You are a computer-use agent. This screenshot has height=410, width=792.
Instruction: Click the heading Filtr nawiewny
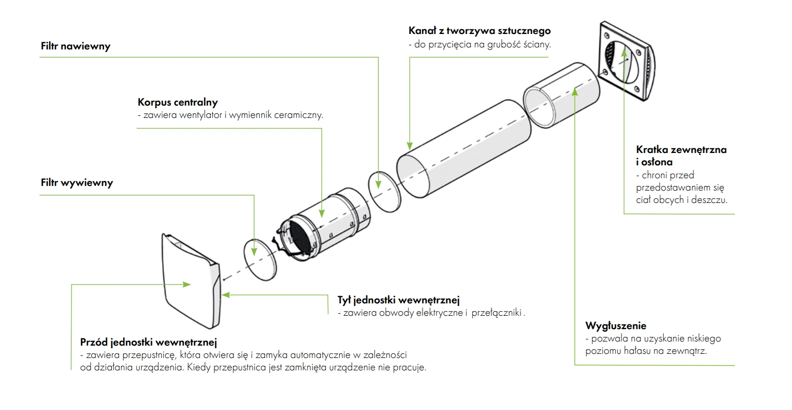coord(76,46)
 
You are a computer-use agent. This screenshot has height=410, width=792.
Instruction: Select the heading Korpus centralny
coord(178,102)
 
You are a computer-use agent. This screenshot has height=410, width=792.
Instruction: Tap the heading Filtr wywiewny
coord(77,183)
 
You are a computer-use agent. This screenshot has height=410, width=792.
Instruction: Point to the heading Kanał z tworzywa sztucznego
coord(480,31)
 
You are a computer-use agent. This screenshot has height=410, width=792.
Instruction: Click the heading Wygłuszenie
coord(616,326)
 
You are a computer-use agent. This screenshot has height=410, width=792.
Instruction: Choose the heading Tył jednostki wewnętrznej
coord(398,300)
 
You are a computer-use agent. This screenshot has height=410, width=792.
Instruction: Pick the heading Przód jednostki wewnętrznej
coord(148,341)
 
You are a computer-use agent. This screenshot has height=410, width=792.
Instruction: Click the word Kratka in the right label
coord(652,150)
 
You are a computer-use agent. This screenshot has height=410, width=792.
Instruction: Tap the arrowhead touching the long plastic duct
coord(410,146)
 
